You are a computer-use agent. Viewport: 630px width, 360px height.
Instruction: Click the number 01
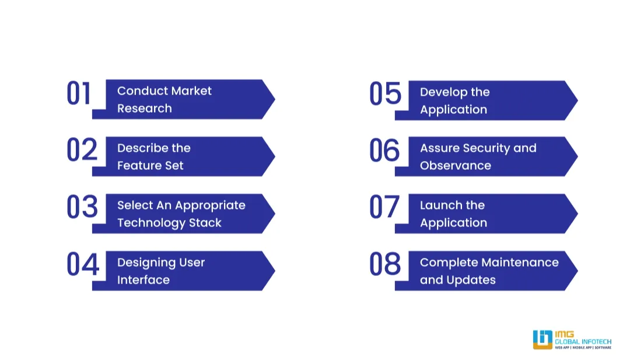pyautogui.click(x=79, y=94)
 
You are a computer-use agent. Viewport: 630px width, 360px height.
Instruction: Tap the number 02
pyautogui.click(x=82, y=150)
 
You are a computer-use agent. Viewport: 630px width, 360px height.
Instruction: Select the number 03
pyautogui.click(x=82, y=207)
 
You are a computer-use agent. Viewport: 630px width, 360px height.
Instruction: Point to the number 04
pyautogui.click(x=82, y=264)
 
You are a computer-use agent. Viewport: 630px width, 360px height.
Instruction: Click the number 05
pyautogui.click(x=385, y=95)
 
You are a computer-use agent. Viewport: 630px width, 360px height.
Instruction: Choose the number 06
pyautogui.click(x=384, y=150)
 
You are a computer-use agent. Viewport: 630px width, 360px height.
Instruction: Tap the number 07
pyautogui.click(x=384, y=207)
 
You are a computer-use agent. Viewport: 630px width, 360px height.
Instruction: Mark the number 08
pyautogui.click(x=385, y=264)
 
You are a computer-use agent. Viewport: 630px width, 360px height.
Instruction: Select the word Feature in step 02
pyautogui.click(x=139, y=166)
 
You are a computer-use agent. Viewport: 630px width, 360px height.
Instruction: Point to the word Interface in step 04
pyautogui.click(x=143, y=280)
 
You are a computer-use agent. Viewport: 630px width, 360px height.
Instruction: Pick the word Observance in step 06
pyautogui.click(x=455, y=166)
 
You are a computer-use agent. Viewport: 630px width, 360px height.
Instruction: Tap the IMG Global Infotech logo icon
pyautogui.click(x=542, y=340)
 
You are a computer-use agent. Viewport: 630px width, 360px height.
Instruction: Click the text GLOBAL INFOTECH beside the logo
pyautogui.click(x=583, y=341)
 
